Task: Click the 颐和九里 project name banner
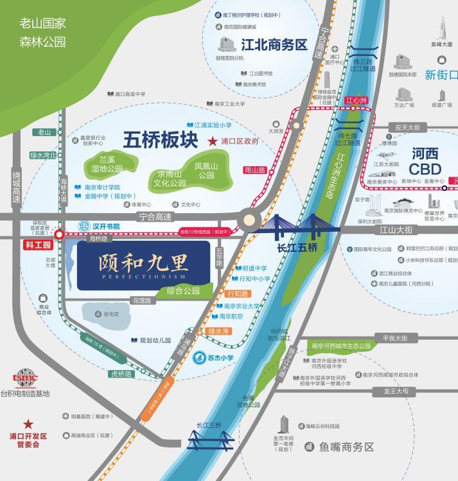(144, 265)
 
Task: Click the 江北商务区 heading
(274, 45)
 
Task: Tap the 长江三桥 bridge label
(209, 426)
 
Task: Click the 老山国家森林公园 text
(43, 33)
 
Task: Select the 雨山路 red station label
(255, 170)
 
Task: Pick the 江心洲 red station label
(355, 100)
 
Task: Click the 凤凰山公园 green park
(206, 170)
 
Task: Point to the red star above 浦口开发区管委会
(28, 424)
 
